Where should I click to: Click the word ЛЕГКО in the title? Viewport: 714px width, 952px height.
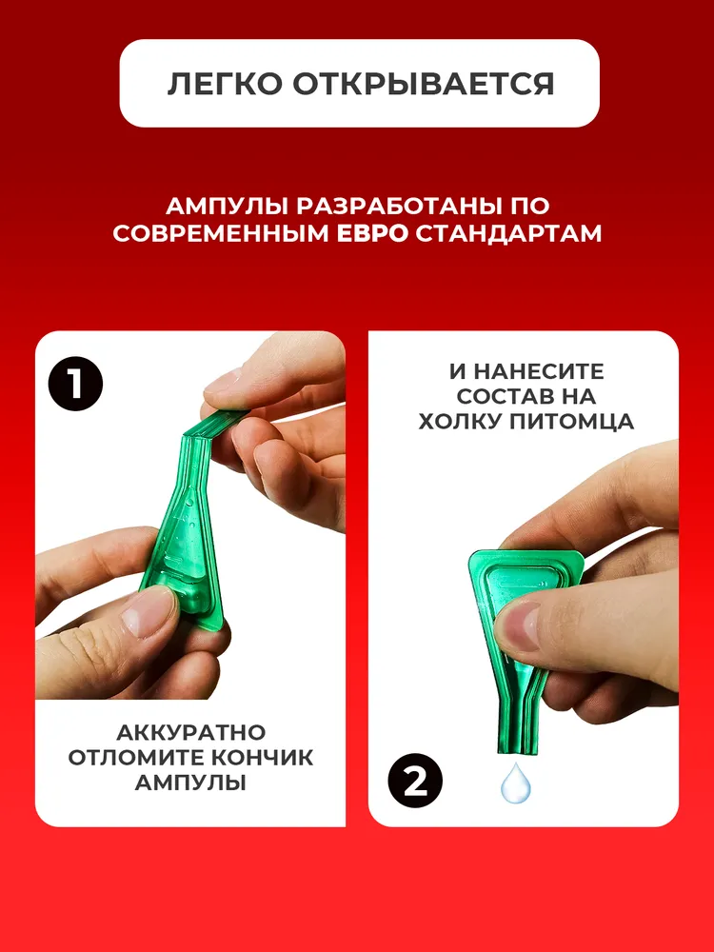[226, 84]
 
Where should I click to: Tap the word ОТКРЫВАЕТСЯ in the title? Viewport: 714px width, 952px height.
[424, 84]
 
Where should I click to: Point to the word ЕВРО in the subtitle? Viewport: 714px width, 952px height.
[373, 234]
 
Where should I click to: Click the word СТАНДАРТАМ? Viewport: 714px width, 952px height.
[508, 234]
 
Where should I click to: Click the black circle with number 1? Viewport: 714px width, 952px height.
[75, 384]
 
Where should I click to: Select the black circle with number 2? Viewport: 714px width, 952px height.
[415, 781]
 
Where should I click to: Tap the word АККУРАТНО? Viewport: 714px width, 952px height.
[190, 732]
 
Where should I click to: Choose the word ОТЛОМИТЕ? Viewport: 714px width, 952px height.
[140, 758]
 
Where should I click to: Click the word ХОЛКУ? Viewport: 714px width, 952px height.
[459, 422]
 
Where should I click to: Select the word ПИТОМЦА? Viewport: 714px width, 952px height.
[570, 422]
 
